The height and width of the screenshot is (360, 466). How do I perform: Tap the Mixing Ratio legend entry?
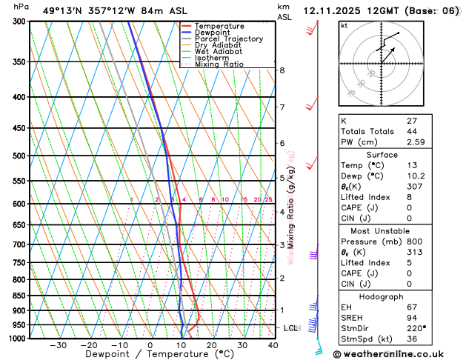220,64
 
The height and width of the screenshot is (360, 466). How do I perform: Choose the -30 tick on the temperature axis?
58,344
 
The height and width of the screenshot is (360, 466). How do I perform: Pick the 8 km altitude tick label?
282,70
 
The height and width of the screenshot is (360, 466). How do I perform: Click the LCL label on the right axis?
290,327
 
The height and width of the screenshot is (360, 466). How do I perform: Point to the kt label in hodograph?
344,25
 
